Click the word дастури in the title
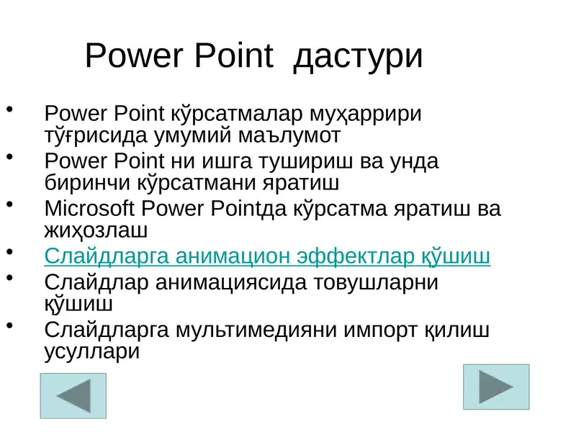point(358,56)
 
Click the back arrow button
point(73,396)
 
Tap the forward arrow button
point(496,387)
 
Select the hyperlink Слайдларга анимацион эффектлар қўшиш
point(267,256)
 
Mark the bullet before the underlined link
point(10,251)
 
